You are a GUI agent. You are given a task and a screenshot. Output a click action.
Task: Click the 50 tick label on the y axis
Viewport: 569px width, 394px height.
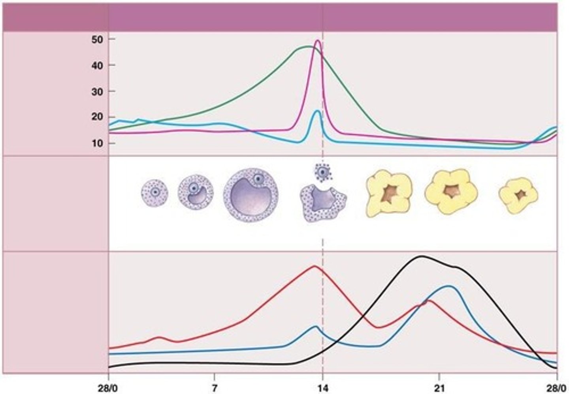click(x=98, y=39)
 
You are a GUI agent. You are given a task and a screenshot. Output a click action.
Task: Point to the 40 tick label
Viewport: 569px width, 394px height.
click(x=98, y=65)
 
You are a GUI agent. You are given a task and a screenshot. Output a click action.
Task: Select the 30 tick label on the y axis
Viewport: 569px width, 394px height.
click(x=98, y=91)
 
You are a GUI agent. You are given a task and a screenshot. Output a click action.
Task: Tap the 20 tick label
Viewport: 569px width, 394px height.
click(x=98, y=117)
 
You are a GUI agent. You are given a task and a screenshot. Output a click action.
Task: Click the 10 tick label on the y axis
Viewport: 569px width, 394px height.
click(x=98, y=143)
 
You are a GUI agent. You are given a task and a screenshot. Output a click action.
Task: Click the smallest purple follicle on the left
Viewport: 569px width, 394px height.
click(x=154, y=193)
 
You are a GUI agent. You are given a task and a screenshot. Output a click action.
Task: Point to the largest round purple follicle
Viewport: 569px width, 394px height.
click(x=251, y=195)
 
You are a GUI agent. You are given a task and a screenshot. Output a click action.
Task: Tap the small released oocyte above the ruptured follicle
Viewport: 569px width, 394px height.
click(x=323, y=172)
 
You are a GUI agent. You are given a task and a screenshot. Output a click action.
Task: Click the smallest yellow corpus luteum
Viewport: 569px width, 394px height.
click(x=518, y=195)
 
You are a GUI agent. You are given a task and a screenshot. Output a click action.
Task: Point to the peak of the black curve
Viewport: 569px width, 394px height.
click(x=421, y=256)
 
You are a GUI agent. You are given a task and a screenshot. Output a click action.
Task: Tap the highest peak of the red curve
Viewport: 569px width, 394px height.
click(x=315, y=266)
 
